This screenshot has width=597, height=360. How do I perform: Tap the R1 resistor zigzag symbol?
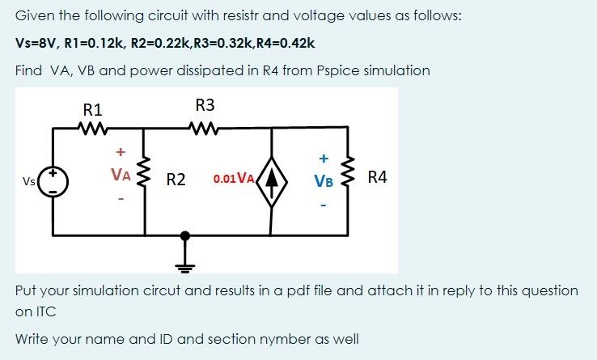(89, 127)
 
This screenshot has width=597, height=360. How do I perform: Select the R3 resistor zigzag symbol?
(202, 127)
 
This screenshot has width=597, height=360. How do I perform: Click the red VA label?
(121, 174)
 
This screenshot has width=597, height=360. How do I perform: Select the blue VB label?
(324, 181)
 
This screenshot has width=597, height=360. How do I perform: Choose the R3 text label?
(205, 104)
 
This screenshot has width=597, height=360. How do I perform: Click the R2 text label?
(176, 180)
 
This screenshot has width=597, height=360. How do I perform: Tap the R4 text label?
(378, 177)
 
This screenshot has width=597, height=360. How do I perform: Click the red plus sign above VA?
(121, 150)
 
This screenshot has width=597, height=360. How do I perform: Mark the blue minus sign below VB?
(324, 206)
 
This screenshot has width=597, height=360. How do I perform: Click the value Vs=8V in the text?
(36, 43)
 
